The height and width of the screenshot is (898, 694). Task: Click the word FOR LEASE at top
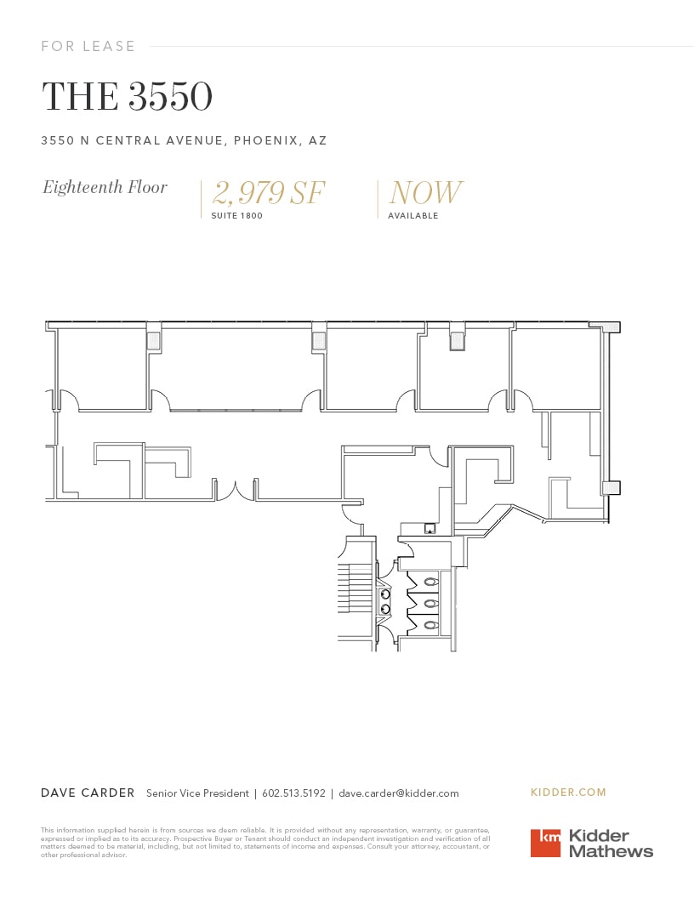pos(88,46)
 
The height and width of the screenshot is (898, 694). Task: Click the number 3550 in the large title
pos(170,97)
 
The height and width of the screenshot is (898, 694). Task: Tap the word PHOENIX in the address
pos(264,140)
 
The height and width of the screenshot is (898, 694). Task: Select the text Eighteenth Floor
pos(105,187)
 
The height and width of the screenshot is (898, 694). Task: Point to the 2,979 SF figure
pos(269,193)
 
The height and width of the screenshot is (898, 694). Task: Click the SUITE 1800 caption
pos(237,216)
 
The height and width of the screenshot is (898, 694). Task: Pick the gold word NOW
pos(426,193)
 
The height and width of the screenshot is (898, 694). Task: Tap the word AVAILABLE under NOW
pos(413,216)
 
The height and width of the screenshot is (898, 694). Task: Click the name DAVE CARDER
pos(88,793)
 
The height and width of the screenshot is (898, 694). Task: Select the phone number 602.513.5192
pos(293,793)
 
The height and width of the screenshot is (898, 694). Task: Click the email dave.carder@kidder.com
pos(399,793)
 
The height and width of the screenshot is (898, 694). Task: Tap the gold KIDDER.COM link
pos(568,793)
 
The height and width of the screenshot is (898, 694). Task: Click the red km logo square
pos(546,843)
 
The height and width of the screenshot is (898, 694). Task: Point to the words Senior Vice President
pos(197,793)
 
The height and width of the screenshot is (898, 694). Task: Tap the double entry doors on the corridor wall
pos(236,491)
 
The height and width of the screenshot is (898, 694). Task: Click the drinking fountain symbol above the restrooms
pos(430,529)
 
